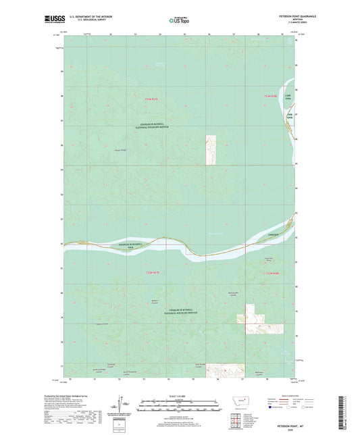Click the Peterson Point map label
tap(120, 150)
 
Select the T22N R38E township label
tap(272, 273)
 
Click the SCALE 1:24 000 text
tap(179, 396)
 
